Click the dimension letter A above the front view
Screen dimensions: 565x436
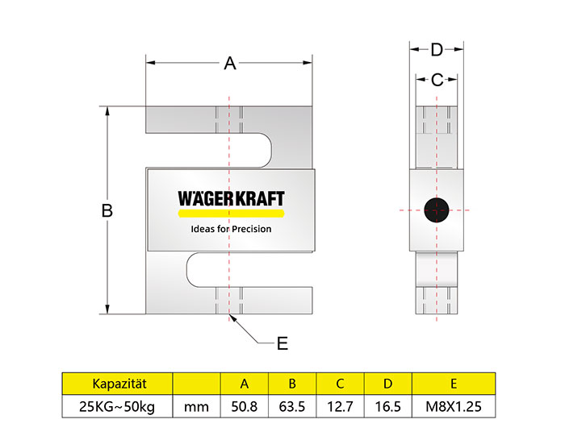pyautogui.click(x=230, y=64)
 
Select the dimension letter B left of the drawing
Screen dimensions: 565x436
pyautogui.click(x=107, y=210)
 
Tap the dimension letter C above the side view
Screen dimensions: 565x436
pyautogui.click(x=437, y=80)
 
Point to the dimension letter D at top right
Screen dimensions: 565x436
pyautogui.click(x=437, y=50)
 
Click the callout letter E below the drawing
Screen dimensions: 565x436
pyautogui.click(x=282, y=343)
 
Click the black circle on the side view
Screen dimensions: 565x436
pyautogui.click(x=437, y=210)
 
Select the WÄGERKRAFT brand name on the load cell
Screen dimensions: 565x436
pyautogui.click(x=232, y=199)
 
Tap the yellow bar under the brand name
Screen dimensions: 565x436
pyautogui.click(x=232, y=214)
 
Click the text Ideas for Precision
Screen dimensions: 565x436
pyautogui.click(x=231, y=229)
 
